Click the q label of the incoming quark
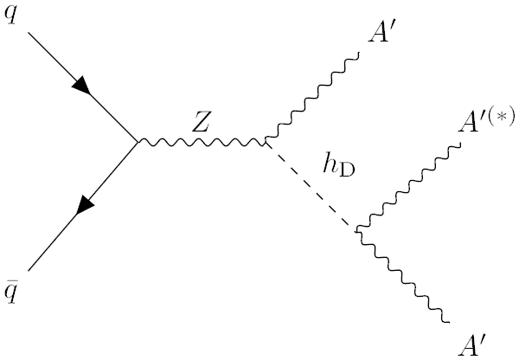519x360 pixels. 11,17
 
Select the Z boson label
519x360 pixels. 202,122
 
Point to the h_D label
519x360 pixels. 340,166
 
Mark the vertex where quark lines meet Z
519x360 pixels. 138,141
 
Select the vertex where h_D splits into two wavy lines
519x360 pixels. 357,229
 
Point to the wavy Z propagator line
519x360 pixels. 202,141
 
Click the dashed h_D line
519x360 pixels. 311,185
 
